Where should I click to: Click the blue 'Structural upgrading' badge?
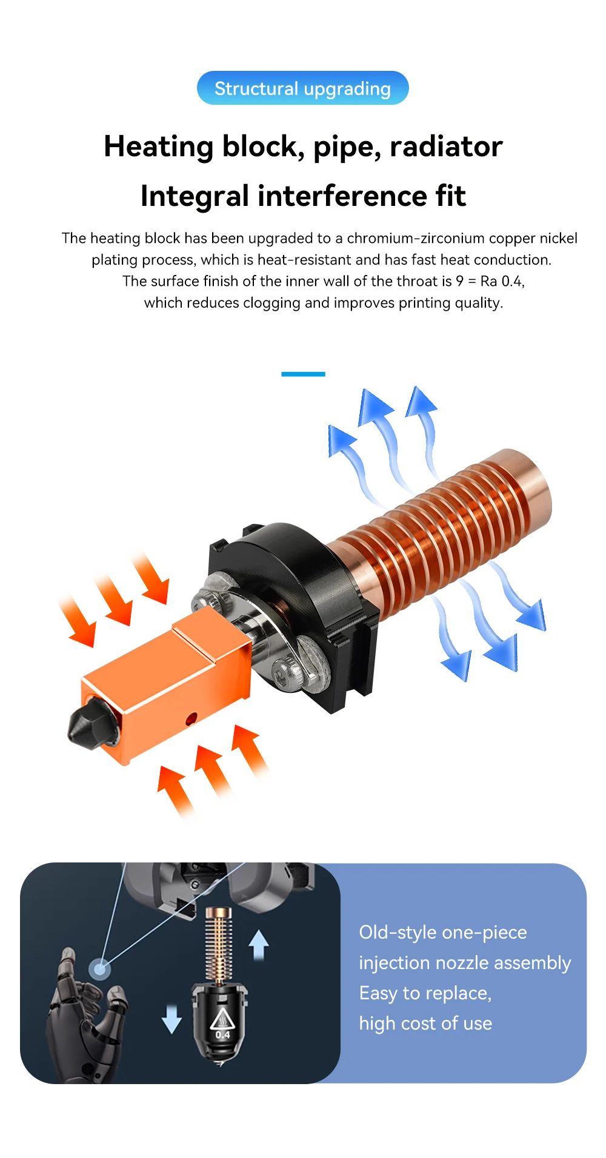tap(302, 88)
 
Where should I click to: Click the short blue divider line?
tap(303, 374)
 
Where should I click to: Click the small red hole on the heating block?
tap(191, 720)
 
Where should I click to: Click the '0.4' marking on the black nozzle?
tap(222, 1034)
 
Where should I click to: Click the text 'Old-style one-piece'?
tap(443, 932)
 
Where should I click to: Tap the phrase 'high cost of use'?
tap(425, 1024)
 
